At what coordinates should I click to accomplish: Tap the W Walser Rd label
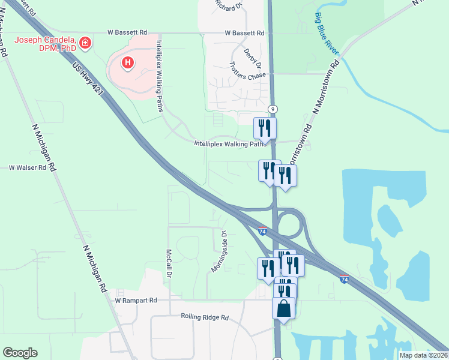pos(27,168)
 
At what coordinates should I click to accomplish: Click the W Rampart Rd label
pos(136,300)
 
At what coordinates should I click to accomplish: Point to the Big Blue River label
pos(325,29)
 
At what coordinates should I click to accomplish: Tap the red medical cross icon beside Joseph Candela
pos(86,43)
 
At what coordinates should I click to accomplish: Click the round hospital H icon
pos(127,62)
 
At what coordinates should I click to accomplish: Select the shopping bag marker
pos(283,309)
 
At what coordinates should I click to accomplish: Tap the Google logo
pos(20,353)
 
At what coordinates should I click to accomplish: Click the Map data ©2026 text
pos(423,355)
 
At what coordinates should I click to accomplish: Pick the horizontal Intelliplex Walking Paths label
pos(231,144)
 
